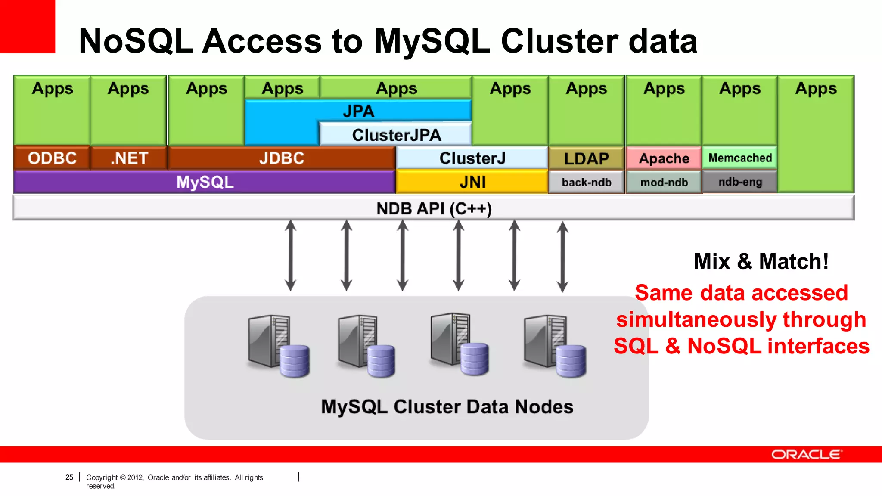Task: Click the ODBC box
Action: pos(52,158)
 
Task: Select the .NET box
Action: pos(129,158)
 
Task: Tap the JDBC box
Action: pos(282,158)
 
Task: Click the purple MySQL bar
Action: pos(205,182)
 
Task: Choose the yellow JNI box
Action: pos(472,182)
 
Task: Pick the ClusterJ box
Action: pos(472,158)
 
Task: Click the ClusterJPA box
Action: pos(396,135)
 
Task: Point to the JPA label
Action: pos(358,111)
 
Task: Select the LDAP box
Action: pos(586,158)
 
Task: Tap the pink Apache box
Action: pos(664,158)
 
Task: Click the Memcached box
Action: pos(740,158)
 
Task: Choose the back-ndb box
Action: pos(586,183)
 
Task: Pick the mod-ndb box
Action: pos(664,183)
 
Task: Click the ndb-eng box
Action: pos(740,182)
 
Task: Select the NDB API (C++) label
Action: pos(434,208)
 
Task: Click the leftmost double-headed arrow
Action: pos(291,255)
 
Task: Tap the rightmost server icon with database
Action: pos(555,347)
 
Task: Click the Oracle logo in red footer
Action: pos(806,455)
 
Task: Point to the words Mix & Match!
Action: pos(761,261)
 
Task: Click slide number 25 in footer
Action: pos(69,477)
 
